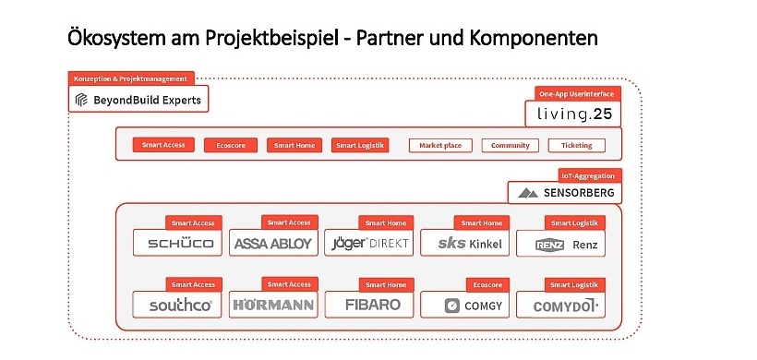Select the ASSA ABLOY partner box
(x=273, y=243)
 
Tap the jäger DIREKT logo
(x=369, y=243)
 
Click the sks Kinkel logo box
(x=464, y=243)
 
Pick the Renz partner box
(x=560, y=244)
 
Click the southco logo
(x=178, y=304)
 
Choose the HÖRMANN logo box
(x=273, y=304)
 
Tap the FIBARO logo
(x=369, y=304)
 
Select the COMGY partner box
(x=464, y=304)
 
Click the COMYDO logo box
(x=560, y=304)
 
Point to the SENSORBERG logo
(x=564, y=193)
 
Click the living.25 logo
(x=572, y=114)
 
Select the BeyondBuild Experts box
(x=138, y=99)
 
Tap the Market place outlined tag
(x=441, y=145)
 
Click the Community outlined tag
(x=511, y=145)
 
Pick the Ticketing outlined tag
(x=577, y=145)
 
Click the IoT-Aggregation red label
(x=587, y=174)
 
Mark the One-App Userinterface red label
(x=576, y=93)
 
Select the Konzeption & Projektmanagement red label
(x=132, y=79)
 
